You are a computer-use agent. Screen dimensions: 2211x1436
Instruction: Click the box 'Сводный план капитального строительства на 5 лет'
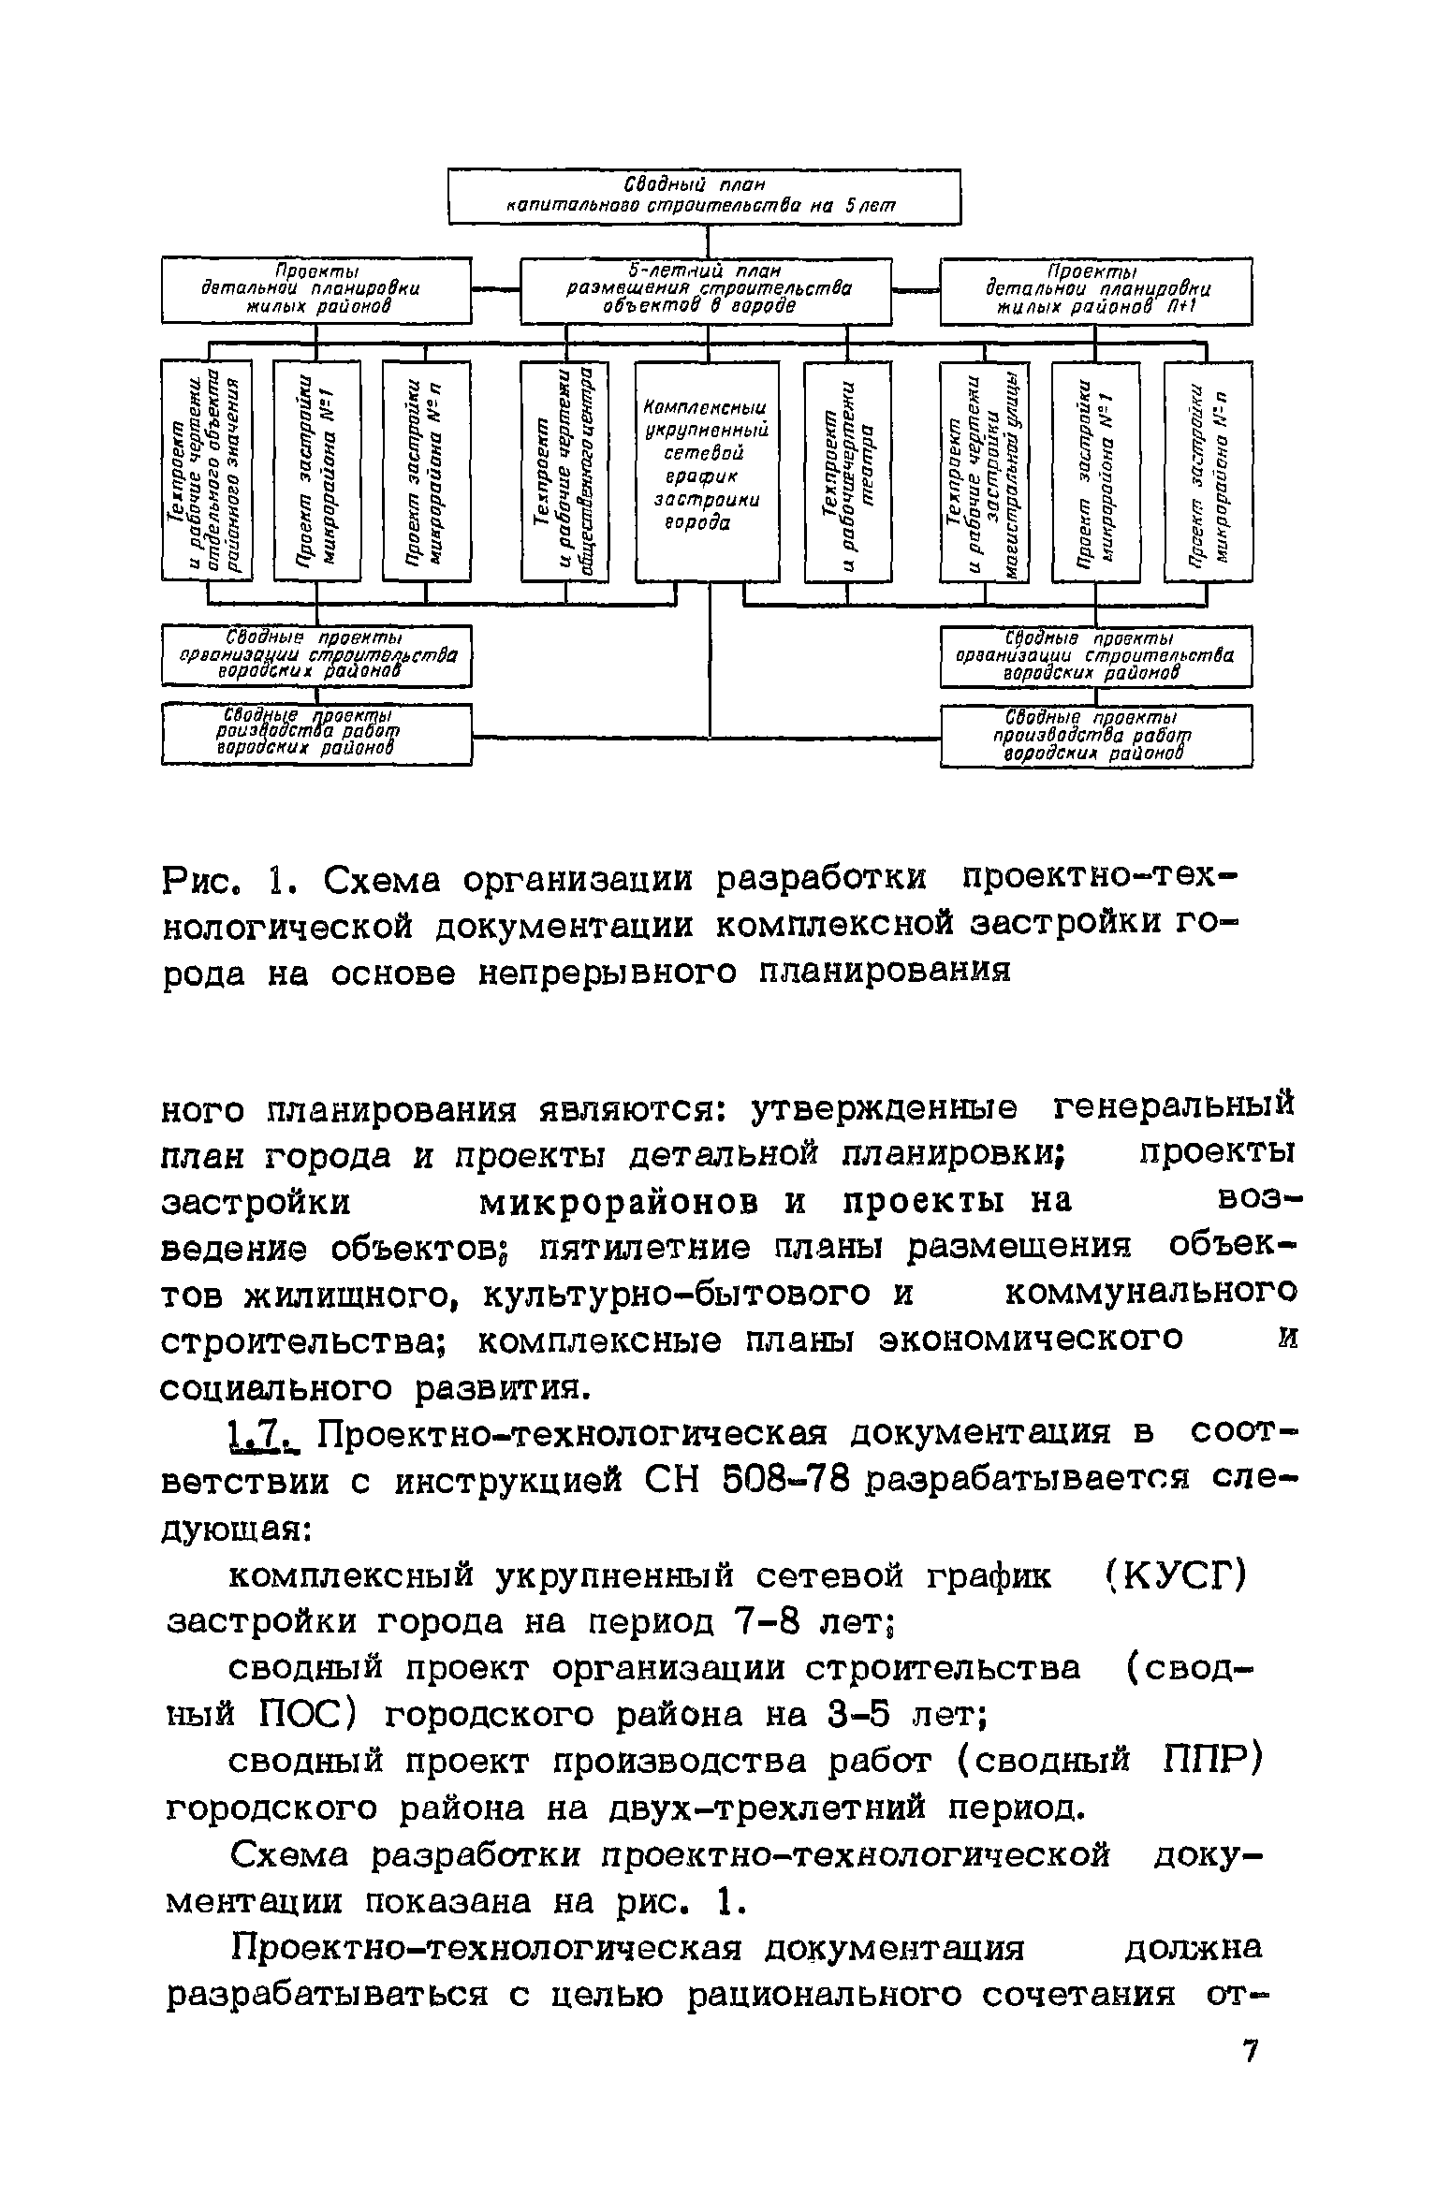704,196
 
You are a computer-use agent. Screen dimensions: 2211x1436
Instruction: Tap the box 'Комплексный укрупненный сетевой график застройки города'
707,471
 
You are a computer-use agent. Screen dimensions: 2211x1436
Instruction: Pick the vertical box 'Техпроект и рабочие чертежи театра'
847,471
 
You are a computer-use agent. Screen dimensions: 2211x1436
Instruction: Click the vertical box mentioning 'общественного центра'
564,471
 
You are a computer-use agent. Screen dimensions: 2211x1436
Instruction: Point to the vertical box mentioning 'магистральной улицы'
984,471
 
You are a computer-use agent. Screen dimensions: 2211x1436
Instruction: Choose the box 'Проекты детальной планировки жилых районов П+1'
1095,291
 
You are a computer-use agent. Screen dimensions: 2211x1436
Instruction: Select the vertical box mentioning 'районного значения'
207,471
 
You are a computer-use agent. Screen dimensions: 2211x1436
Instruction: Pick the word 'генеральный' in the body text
1174,1108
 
